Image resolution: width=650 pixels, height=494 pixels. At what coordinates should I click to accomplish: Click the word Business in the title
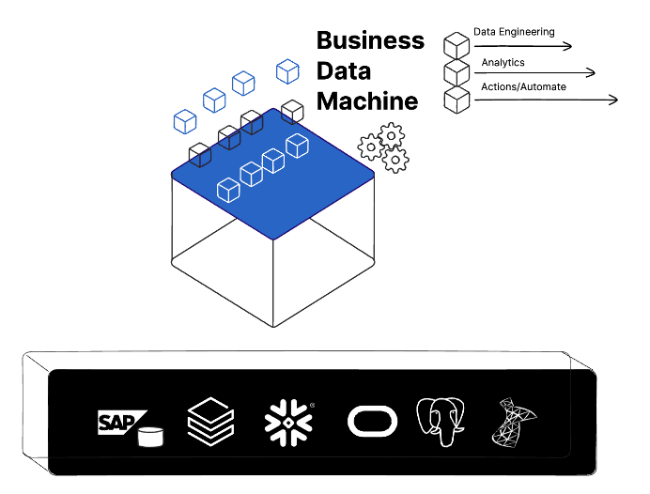[370, 41]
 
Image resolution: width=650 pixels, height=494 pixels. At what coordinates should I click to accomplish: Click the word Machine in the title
[366, 101]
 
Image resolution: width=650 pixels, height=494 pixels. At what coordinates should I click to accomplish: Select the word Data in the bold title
[343, 71]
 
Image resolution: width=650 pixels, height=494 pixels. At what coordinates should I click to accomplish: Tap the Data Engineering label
[514, 32]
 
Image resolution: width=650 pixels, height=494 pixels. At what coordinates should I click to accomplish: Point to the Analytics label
[503, 63]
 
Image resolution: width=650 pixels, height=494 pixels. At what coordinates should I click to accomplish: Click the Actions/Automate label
[523, 87]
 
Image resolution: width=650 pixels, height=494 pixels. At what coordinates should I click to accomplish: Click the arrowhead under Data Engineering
[567, 45]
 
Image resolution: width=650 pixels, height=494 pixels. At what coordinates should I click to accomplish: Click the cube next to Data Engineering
[457, 45]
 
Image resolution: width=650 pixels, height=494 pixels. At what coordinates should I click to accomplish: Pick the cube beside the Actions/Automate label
[457, 99]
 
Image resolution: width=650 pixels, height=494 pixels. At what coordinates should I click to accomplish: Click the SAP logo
[122, 423]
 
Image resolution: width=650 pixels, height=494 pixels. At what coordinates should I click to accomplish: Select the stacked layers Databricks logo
[209, 422]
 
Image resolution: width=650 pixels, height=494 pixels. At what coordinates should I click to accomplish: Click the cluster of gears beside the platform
[383, 147]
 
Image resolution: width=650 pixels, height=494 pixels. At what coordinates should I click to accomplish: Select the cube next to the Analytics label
[457, 71]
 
